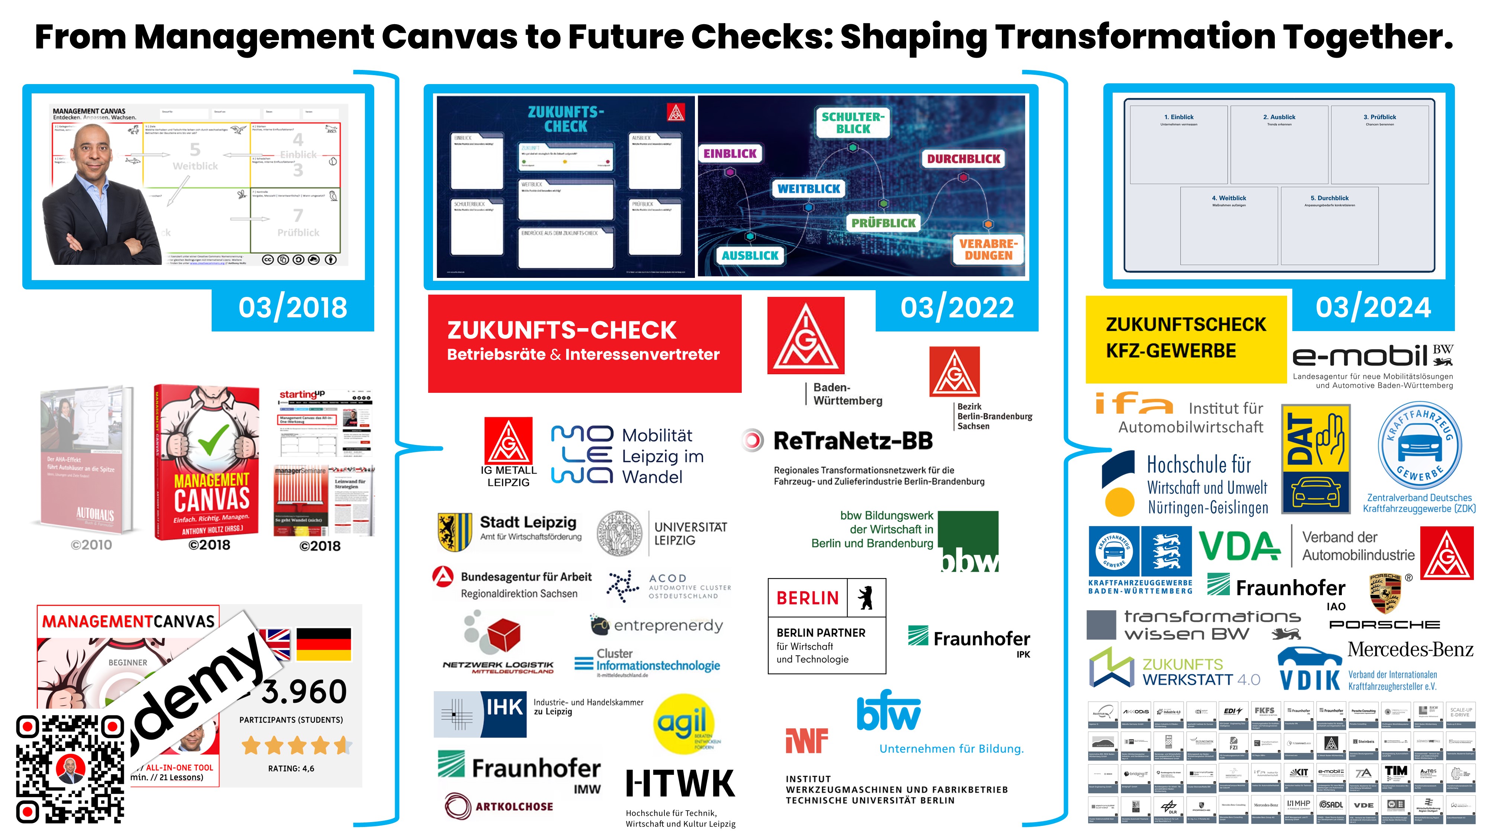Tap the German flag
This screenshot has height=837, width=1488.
324,644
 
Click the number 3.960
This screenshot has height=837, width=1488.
304,692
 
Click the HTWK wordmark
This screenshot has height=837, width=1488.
680,784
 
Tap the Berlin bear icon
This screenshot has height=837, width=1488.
865,598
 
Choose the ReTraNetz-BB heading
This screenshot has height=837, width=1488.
853,441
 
